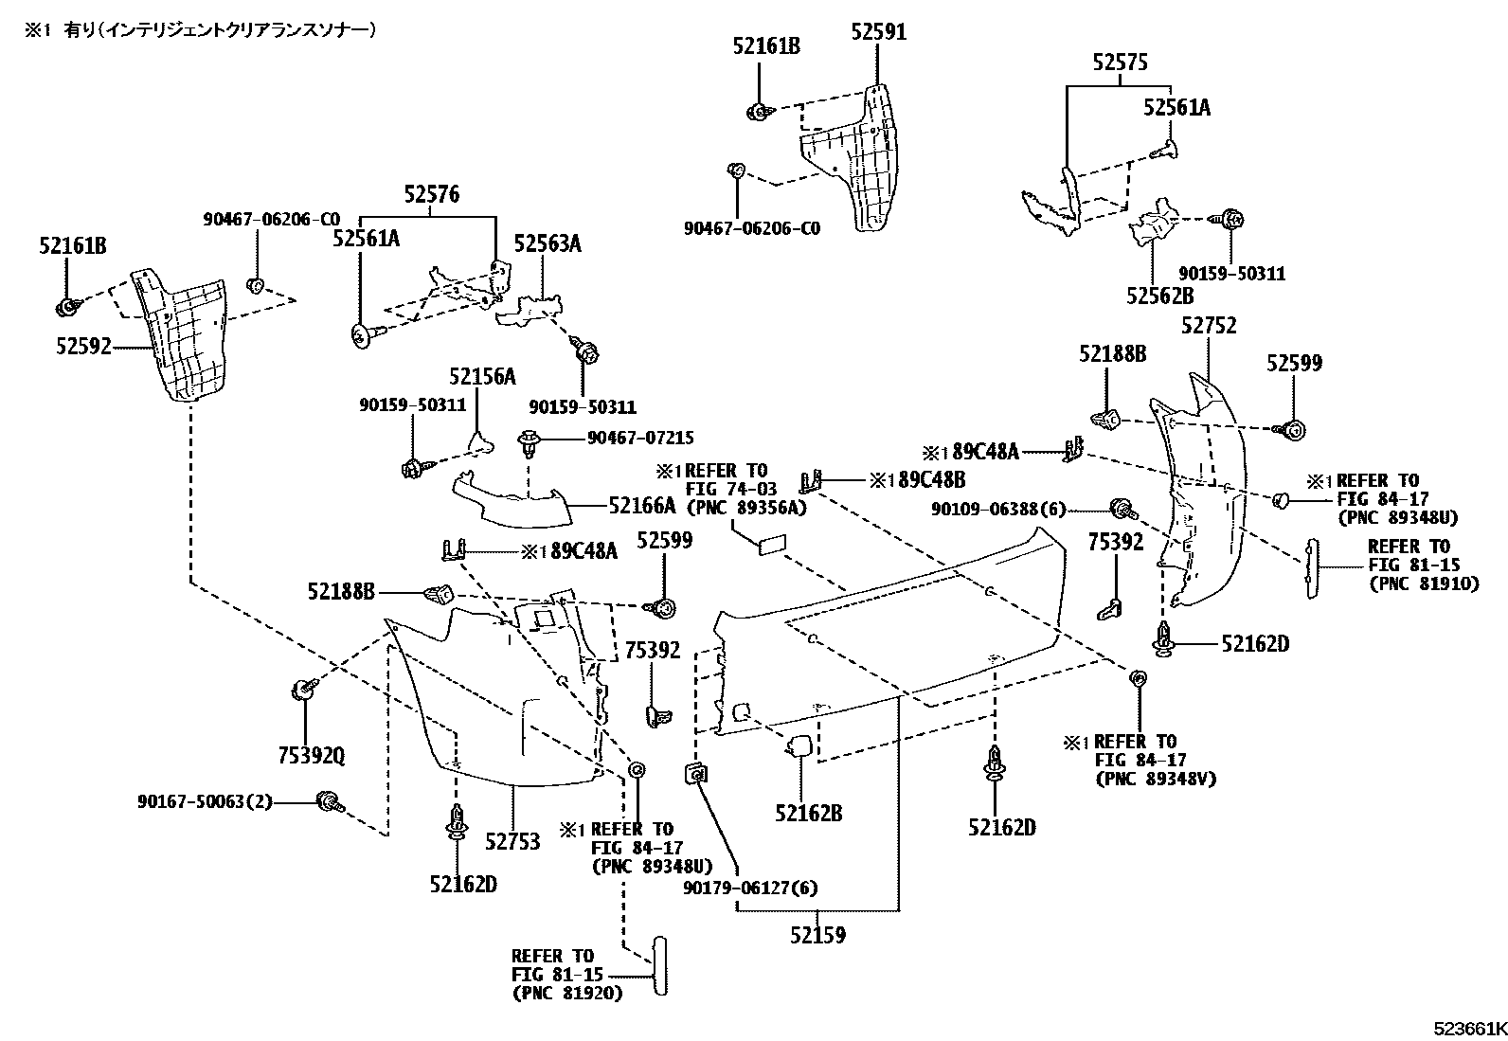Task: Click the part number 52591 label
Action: click(878, 32)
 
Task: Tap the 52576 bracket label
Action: click(431, 195)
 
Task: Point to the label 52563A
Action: click(547, 244)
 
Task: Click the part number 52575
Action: click(1120, 63)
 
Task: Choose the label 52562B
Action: click(1159, 296)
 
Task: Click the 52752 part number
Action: click(1209, 326)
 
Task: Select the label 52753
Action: click(512, 841)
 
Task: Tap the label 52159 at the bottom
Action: click(818, 935)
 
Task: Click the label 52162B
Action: click(808, 813)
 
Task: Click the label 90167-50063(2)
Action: click(205, 802)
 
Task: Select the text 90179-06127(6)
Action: click(750, 888)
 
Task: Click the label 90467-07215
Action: click(640, 438)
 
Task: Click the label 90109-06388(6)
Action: click(998, 510)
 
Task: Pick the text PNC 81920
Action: click(567, 993)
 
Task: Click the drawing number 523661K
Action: click(1468, 1029)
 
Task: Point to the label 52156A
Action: click(482, 377)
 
